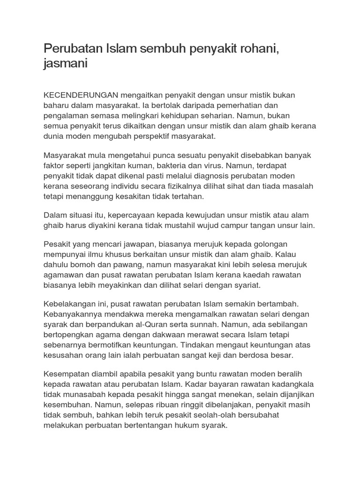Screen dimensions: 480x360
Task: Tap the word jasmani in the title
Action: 66,63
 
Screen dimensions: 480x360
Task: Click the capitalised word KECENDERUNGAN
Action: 82,95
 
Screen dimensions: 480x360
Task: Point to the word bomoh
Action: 81,265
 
